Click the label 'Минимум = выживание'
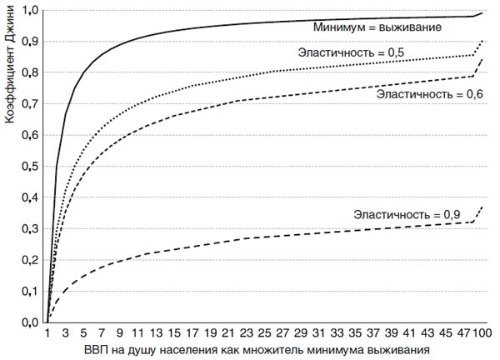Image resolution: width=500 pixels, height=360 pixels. (x=377, y=27)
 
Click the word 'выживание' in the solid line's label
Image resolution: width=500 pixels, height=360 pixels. (x=408, y=27)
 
